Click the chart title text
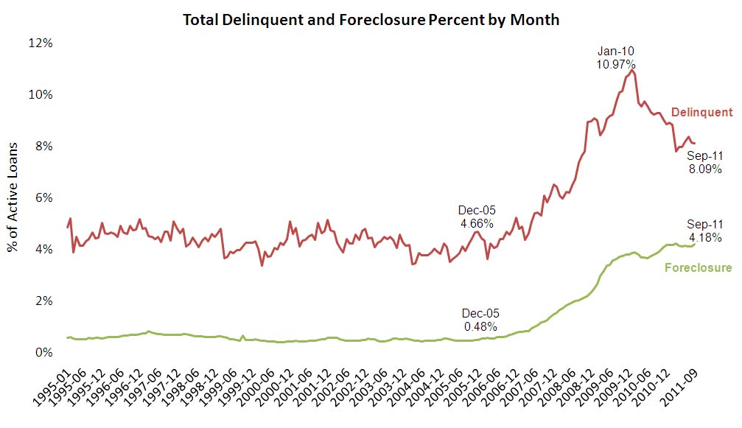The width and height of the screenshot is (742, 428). click(x=371, y=20)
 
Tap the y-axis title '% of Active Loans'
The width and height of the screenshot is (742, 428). click(x=13, y=197)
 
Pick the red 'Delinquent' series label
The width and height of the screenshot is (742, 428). click(x=701, y=113)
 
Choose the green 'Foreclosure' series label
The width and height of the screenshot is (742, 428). click(x=698, y=267)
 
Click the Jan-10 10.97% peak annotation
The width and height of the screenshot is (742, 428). click(x=615, y=58)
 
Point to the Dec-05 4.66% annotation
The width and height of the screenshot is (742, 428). click(x=475, y=216)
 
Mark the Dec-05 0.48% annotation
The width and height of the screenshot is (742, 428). click(x=479, y=319)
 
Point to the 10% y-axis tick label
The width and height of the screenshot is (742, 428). click(x=42, y=94)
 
